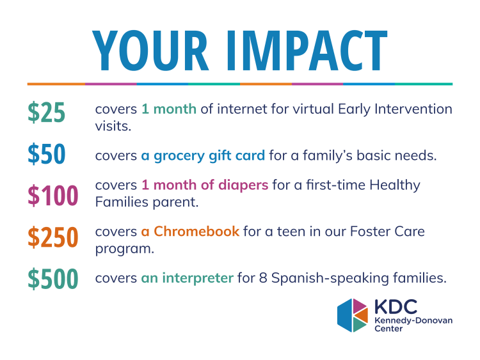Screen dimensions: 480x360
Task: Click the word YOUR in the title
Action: pyautogui.click(x=150, y=51)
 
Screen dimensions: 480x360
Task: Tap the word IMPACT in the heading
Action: pyautogui.click(x=307, y=51)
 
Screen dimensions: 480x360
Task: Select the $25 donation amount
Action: pyautogui.click(x=47, y=113)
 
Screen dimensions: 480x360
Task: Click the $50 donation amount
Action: pyautogui.click(x=47, y=154)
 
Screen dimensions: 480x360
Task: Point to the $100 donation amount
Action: pyautogui.click(x=53, y=195)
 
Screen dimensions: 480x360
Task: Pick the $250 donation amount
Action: pyautogui.click(x=53, y=237)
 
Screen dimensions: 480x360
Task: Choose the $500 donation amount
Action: pyautogui.click(x=53, y=278)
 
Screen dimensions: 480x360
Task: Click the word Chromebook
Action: pyautogui.click(x=196, y=231)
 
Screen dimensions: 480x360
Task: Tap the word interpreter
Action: pyautogui.click(x=198, y=278)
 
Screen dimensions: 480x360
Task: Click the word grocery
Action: pyautogui.click(x=179, y=156)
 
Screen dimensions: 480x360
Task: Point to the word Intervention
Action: pyautogui.click(x=413, y=109)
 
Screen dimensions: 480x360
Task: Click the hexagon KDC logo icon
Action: pyautogui.click(x=353, y=315)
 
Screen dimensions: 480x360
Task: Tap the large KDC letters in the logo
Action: pyautogui.click(x=396, y=307)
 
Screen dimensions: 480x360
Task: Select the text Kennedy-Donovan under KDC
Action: pyautogui.click(x=413, y=321)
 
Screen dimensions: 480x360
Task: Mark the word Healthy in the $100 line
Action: pyautogui.click(x=395, y=185)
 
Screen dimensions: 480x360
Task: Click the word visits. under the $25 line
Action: pyautogui.click(x=113, y=126)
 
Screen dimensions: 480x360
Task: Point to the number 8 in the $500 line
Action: pyautogui.click(x=263, y=278)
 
